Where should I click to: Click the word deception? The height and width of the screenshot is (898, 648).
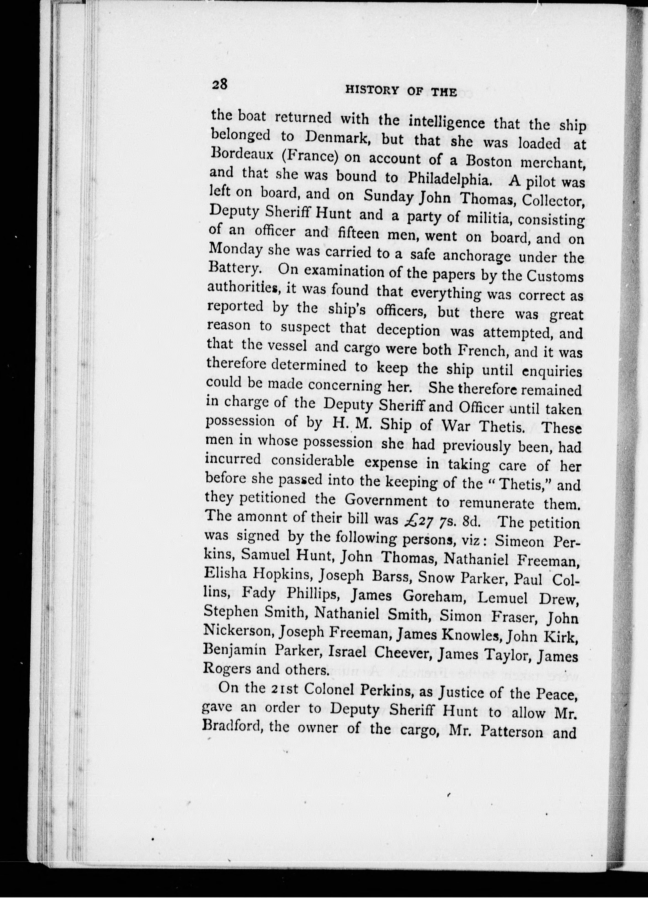coord(408,330)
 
